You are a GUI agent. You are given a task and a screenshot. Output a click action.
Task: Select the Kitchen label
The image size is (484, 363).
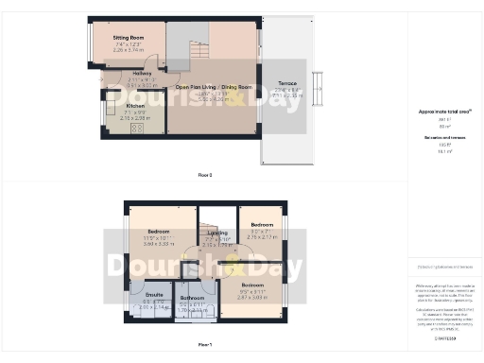(x=123, y=106)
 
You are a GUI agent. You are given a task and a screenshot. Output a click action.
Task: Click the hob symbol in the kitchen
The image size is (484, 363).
(x=136, y=127)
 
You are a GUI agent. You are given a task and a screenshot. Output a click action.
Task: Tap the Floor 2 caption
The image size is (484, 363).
(x=204, y=176)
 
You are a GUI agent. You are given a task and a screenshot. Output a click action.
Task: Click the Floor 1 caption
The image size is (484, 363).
(x=204, y=345)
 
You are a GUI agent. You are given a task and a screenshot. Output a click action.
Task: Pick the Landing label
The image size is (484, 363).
(x=217, y=233)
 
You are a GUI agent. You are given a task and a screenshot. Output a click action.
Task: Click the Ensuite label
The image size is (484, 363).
(x=153, y=296)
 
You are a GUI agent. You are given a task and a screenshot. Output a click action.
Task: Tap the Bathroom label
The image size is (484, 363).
(x=193, y=297)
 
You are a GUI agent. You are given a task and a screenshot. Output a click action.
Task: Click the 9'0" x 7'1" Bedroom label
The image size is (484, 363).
(x=261, y=226)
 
